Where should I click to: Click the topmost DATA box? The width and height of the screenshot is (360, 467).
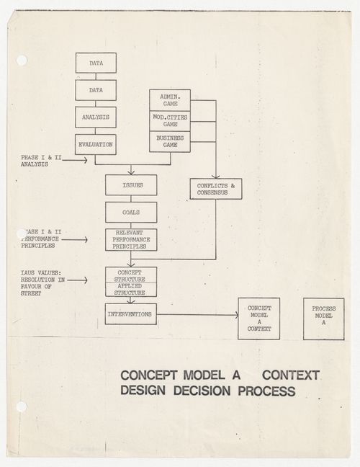point(96,63)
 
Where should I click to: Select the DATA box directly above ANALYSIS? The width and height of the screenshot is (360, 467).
point(96,91)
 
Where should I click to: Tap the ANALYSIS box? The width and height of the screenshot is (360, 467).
point(96,117)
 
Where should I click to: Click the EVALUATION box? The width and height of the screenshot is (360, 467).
point(96,144)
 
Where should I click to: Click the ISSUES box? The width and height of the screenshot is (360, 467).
point(131,185)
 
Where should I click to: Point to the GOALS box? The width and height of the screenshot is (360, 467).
point(131,213)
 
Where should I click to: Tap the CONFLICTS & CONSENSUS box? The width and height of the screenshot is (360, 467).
point(216,189)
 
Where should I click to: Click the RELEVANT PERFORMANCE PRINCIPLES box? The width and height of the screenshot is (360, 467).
point(131,240)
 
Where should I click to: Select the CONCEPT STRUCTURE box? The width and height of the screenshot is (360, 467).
point(131,275)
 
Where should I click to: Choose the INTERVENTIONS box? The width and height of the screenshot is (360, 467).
point(131,314)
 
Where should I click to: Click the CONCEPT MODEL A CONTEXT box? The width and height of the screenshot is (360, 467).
point(258,319)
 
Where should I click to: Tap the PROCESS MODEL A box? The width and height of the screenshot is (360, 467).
point(323,319)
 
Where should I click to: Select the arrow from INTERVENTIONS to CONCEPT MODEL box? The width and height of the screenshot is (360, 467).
point(197,314)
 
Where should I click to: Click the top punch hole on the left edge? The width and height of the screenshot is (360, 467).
point(20,61)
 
